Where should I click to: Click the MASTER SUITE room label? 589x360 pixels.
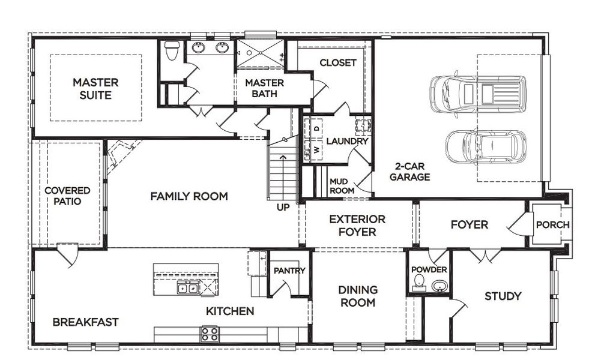[95, 88]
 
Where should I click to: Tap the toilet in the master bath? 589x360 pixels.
[172, 50]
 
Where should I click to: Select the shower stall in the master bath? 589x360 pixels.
[259, 53]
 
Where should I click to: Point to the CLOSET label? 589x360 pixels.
[337, 62]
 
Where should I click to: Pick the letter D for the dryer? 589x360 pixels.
[317, 127]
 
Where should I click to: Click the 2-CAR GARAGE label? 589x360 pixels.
[409, 172]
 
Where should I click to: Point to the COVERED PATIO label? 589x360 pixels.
[67, 196]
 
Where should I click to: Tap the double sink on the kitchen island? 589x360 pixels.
[189, 288]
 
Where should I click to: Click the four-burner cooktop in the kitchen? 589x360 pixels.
[210, 334]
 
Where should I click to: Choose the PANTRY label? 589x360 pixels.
[289, 271]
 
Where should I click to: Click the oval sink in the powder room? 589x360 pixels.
[439, 286]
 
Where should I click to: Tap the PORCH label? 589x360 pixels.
[552, 225]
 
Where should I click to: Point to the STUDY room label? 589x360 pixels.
[503, 296]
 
